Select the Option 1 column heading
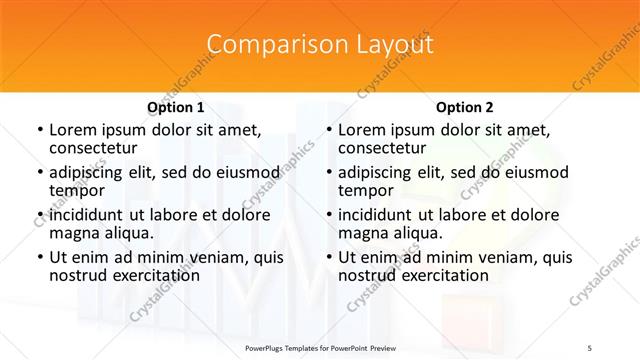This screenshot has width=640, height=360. [176, 106]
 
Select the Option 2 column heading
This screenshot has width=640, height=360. [465, 106]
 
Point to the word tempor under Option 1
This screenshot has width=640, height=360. [77, 191]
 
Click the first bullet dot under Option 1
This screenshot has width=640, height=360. [39, 130]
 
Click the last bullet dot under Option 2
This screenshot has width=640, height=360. [328, 258]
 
